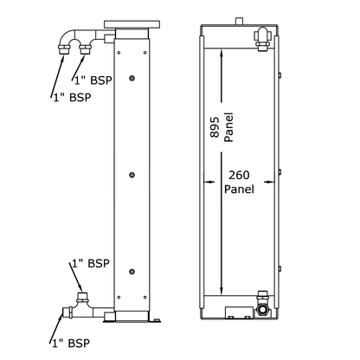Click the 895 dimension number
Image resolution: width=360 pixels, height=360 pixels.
point(215,127)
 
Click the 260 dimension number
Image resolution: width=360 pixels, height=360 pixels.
point(239,175)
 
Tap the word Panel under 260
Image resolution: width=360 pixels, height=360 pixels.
point(239,190)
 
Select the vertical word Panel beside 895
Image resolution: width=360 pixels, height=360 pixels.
point(228,127)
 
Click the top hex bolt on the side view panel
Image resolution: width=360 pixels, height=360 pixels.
point(132,78)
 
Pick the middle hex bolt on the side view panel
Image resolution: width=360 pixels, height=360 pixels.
point(132,175)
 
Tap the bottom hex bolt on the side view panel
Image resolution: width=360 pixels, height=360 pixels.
point(132,272)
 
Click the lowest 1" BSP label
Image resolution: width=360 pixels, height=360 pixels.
point(71,344)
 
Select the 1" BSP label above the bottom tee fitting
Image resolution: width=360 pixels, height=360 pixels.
point(91,263)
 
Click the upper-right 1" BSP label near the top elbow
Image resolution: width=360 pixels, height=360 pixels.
point(93,80)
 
